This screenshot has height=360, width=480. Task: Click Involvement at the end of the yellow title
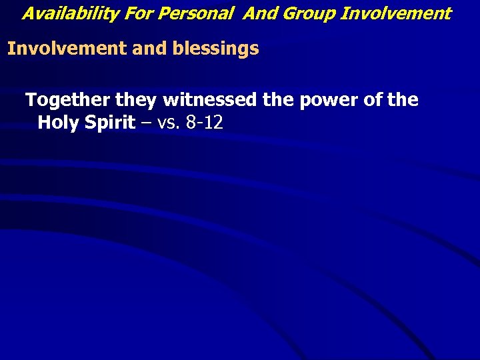pyautogui.click(x=395, y=13)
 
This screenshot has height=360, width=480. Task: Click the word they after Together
pyautogui.click(x=137, y=101)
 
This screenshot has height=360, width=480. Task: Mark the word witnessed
pyautogui.click(x=208, y=101)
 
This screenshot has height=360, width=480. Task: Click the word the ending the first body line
pyautogui.click(x=403, y=101)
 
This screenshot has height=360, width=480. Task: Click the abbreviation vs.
pyautogui.click(x=169, y=123)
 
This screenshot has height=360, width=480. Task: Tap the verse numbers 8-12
pyautogui.click(x=204, y=123)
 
